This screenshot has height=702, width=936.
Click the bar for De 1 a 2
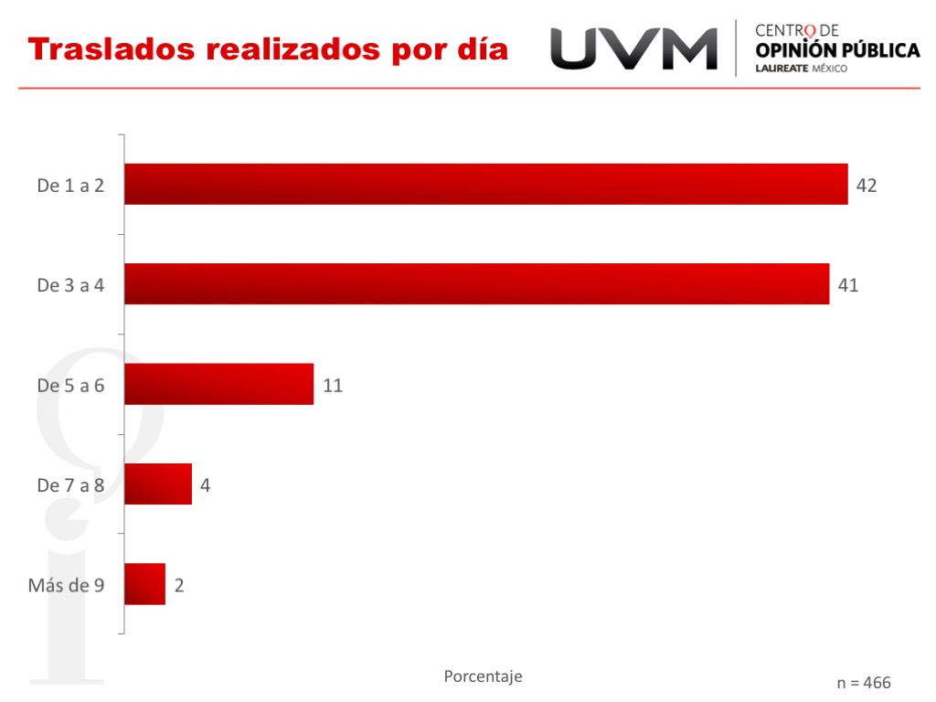coord(485,184)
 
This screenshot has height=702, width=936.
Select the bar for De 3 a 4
coord(476,283)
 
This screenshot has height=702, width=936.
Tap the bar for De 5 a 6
coord(218,384)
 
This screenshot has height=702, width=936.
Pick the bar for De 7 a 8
coord(158,484)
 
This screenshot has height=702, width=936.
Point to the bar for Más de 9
coord(144,584)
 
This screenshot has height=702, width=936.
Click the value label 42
coord(867,186)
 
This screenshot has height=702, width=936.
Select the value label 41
coord(848,285)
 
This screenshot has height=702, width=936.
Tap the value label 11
coord(333,385)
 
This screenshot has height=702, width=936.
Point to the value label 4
coord(206,484)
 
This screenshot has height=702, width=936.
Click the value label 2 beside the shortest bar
coord(179,585)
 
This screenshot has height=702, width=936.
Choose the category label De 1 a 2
coord(70,186)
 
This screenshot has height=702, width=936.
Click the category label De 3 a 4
coord(70,285)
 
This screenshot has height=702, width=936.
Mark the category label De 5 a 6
coord(70,385)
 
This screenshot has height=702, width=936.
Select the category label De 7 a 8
coord(70,485)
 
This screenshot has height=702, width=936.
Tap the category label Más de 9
coord(66,585)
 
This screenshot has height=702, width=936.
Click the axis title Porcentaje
coord(483,676)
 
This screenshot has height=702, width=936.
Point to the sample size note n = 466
coord(864,683)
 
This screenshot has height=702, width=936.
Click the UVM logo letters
coord(633,48)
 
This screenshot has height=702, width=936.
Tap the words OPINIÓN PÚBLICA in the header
coord(837,50)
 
